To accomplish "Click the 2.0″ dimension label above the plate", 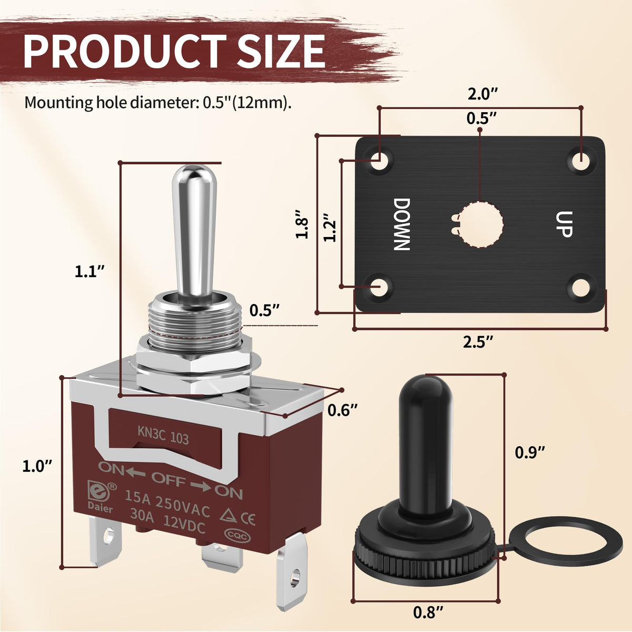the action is [x=482, y=94].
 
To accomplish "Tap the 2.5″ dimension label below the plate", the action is [x=478, y=342].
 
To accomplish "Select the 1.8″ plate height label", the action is [x=302, y=224].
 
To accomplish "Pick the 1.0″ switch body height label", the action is [x=37, y=467].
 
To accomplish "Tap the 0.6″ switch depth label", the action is [x=342, y=410].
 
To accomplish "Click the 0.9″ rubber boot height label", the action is [x=530, y=452].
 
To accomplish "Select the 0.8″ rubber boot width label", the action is [x=428, y=612].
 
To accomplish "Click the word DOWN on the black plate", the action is [x=401, y=224].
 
